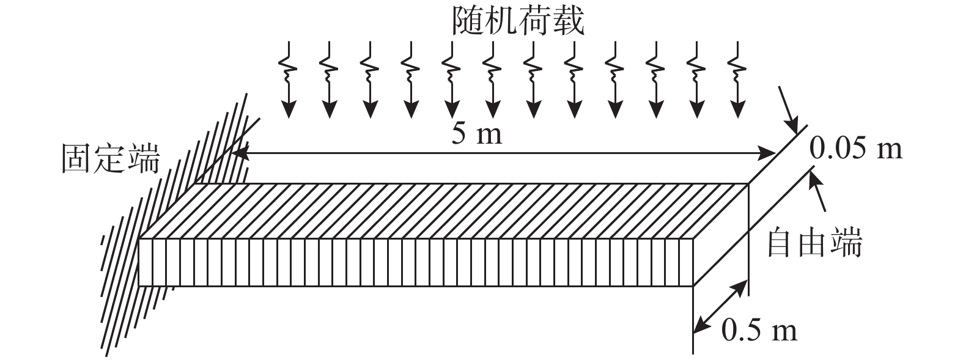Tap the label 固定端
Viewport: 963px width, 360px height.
(111, 158)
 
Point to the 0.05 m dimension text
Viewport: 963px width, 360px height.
(856, 149)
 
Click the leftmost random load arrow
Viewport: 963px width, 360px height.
(289, 80)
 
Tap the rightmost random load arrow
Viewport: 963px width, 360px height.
(738, 80)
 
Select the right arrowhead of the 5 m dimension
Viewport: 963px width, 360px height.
(767, 153)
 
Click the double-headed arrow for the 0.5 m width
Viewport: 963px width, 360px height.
(720, 307)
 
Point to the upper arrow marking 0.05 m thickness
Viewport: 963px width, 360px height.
(789, 111)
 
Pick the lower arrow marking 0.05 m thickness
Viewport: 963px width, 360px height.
(817, 190)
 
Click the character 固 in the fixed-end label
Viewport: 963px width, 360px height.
(78, 158)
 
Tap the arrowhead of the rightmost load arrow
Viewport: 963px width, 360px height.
(738, 110)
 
